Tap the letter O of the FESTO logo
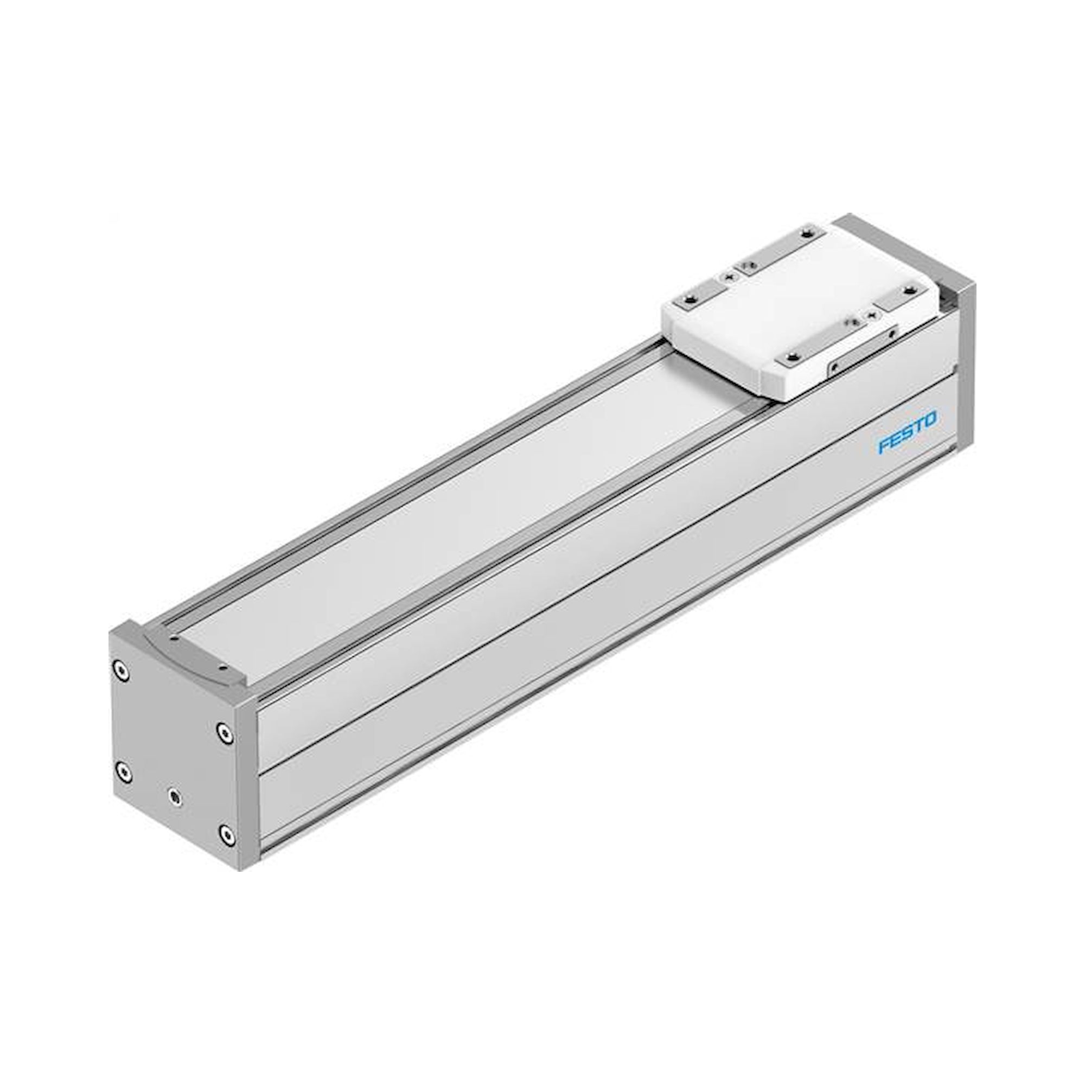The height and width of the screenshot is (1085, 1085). point(929,418)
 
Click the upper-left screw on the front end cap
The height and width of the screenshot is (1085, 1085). point(119,669)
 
